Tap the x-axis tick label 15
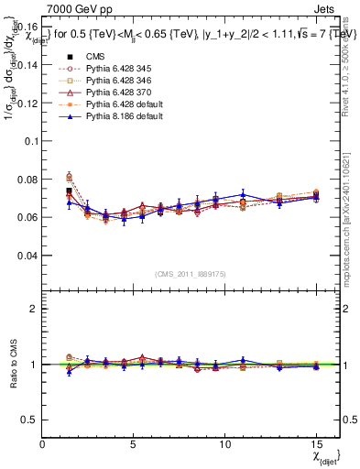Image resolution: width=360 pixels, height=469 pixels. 316,443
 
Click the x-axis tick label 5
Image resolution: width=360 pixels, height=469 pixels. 134,443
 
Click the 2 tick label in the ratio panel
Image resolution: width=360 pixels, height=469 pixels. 33,309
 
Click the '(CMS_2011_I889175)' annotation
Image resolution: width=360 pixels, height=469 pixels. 190,273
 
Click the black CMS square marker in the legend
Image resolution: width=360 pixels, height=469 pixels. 70,54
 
